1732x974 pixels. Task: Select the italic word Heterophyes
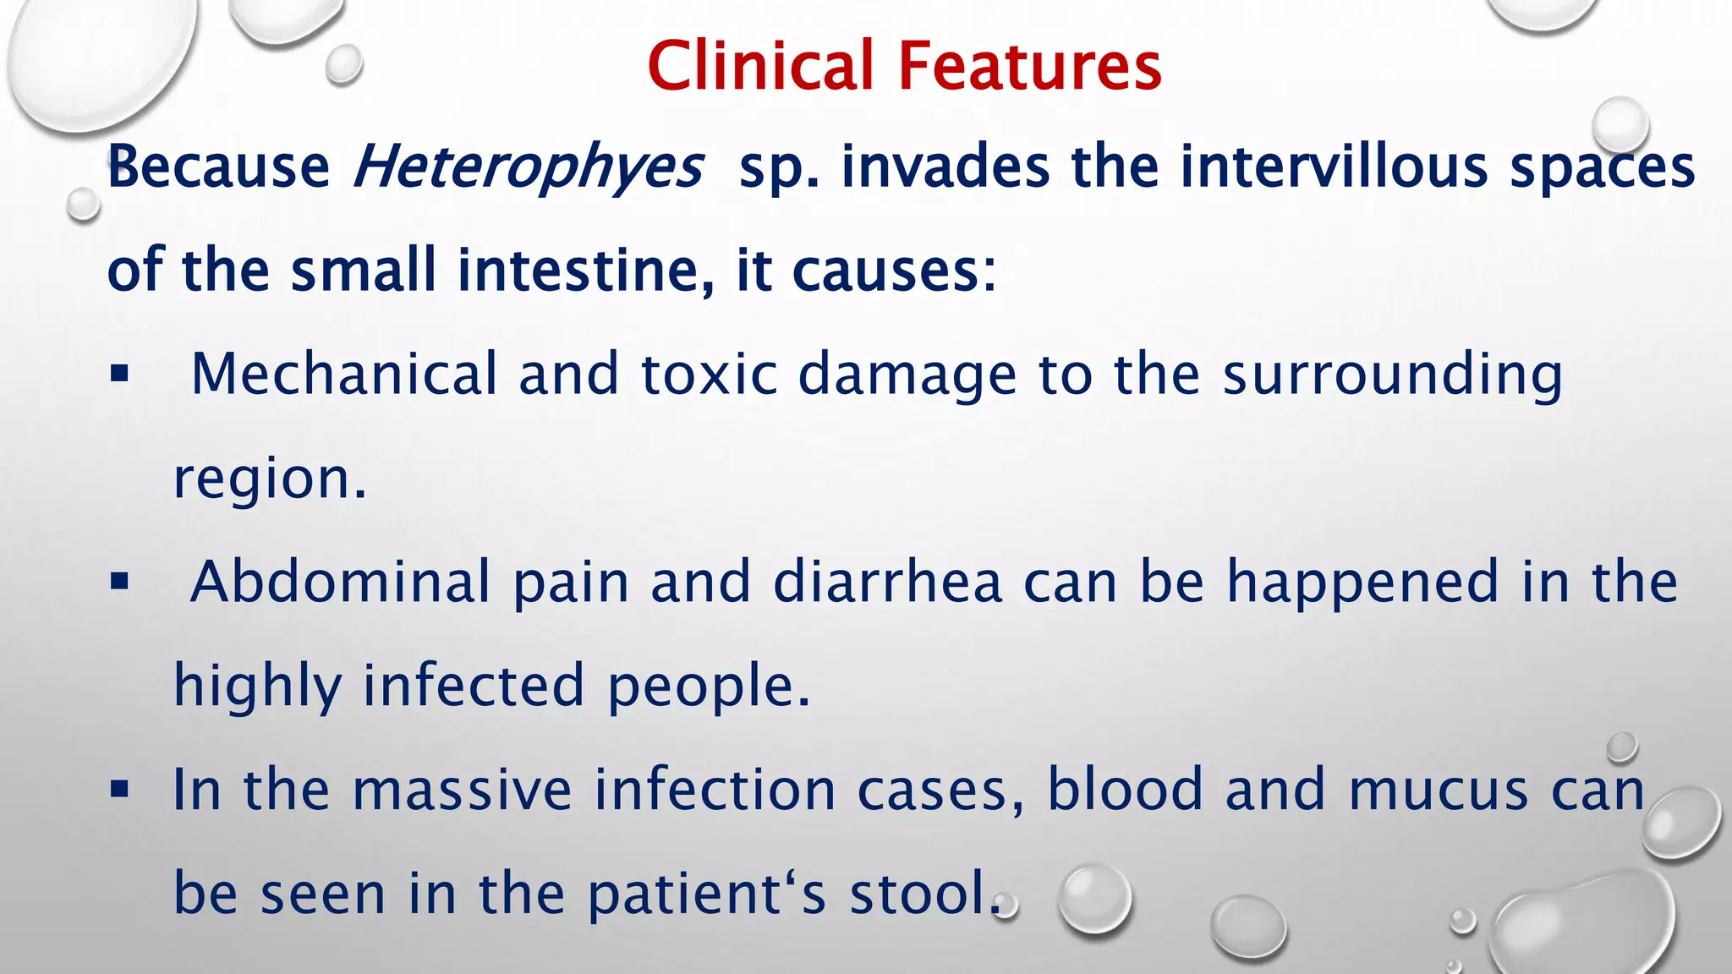click(528, 167)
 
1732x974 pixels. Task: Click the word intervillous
click(1334, 166)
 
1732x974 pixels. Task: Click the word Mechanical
click(344, 374)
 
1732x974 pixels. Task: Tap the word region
click(269, 480)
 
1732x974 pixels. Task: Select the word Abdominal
click(340, 582)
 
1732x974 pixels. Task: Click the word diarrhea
click(887, 582)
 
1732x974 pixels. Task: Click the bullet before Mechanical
click(119, 374)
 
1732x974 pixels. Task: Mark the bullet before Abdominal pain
click(119, 582)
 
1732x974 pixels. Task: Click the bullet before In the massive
click(119, 790)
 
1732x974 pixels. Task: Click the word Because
click(219, 166)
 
